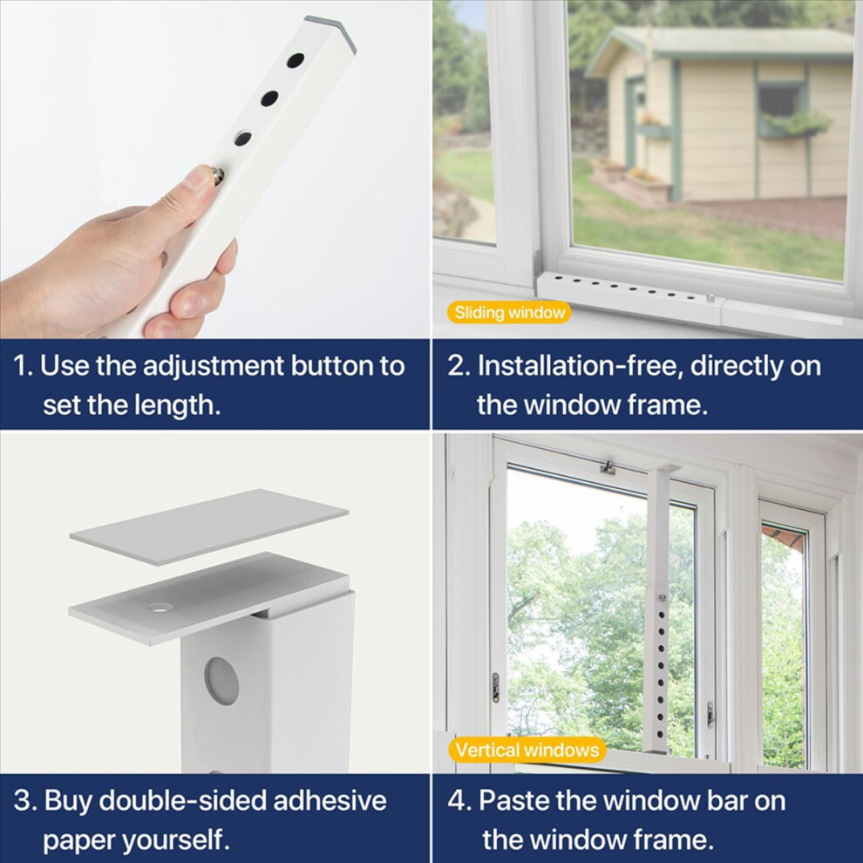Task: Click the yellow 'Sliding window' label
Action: click(x=508, y=313)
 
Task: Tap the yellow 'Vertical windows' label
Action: click(x=527, y=751)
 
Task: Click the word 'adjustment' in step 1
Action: click(x=213, y=366)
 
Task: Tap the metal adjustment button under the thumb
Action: click(x=216, y=175)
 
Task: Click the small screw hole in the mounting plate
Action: click(x=160, y=608)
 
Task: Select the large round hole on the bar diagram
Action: click(x=221, y=680)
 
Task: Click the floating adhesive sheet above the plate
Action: click(x=209, y=527)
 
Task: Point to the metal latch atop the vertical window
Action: click(x=608, y=467)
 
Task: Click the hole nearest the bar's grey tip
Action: click(x=296, y=60)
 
